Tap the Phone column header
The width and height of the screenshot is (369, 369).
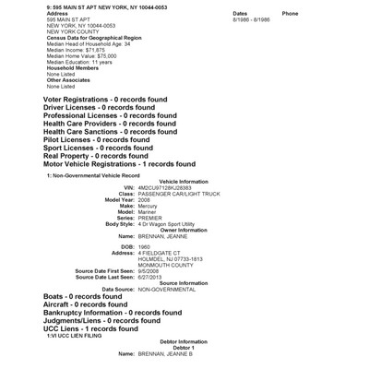coord(290,14)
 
